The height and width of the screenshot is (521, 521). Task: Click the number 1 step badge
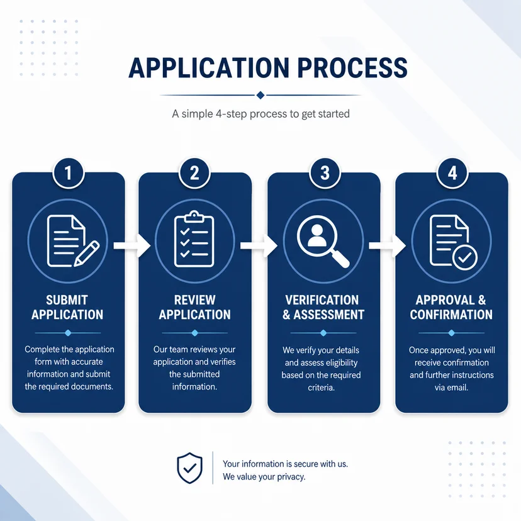(68, 173)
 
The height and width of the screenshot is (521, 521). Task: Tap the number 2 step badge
(194, 173)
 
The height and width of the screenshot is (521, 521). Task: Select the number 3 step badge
(325, 173)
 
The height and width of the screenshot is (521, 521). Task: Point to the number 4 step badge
(452, 173)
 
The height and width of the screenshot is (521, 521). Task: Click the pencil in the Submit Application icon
(87, 254)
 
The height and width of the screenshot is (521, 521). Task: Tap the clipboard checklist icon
(194, 239)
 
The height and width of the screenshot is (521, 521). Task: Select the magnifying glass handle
(340, 259)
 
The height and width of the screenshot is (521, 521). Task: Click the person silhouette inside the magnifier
(317, 235)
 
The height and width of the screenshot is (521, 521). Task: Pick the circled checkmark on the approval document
(465, 257)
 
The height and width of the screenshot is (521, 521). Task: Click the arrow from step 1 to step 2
(132, 245)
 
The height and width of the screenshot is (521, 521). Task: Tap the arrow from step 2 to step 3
(259, 245)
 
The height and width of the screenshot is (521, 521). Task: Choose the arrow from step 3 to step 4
(388, 245)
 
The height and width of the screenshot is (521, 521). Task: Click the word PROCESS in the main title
(352, 68)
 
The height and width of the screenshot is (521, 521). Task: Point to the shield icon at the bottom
(189, 468)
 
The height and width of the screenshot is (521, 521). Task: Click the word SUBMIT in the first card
(67, 300)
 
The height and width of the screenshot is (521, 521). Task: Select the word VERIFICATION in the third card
(322, 300)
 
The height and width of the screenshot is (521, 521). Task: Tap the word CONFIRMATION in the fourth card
(451, 315)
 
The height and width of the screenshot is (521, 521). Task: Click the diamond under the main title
(260, 96)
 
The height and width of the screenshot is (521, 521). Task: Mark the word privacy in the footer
(291, 477)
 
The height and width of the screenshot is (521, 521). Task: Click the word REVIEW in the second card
(194, 300)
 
